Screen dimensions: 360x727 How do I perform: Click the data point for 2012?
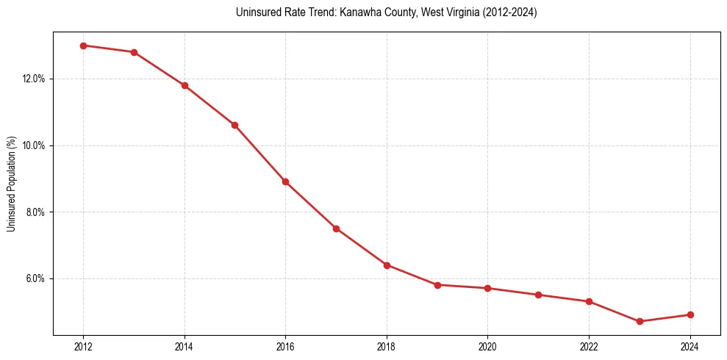[x=83, y=46]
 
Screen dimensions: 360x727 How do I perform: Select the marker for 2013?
[x=134, y=52]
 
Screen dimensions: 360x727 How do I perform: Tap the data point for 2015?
[x=234, y=125]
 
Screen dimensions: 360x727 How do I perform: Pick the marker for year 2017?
[x=336, y=228]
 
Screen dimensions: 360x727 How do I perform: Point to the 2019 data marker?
[x=437, y=284]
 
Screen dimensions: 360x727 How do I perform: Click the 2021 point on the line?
[x=538, y=295]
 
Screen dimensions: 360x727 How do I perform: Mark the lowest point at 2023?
[x=640, y=321]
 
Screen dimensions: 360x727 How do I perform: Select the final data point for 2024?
[x=690, y=314]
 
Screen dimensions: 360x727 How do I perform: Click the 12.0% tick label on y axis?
[x=35, y=79]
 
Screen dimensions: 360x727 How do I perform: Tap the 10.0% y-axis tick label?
[x=35, y=145]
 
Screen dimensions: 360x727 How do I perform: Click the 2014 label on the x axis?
[x=185, y=347]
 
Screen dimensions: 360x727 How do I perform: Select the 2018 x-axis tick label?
[x=387, y=347]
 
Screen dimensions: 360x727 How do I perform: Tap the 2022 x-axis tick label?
[x=589, y=347]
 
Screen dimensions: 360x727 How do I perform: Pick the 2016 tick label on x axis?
[x=285, y=347]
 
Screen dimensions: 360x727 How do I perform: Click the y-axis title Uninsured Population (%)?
[x=11, y=184]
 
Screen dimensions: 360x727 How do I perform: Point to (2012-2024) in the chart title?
[x=507, y=12]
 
